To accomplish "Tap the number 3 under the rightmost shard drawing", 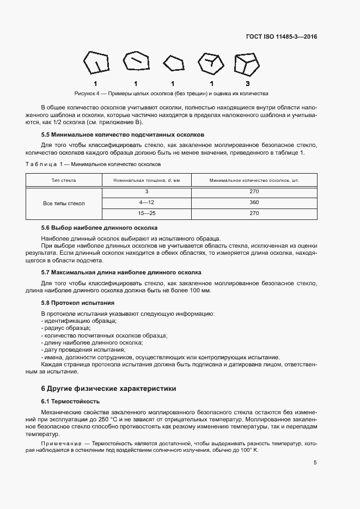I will click(247, 83).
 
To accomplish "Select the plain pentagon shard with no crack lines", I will click(173, 64).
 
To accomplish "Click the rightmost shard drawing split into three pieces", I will click(247, 64).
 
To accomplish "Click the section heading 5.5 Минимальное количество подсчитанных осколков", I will click(123, 134).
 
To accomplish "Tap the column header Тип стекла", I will click(64, 180).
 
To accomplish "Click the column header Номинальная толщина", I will click(146, 180).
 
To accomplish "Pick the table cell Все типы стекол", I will click(64, 203).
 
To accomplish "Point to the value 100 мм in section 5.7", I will click(201, 290).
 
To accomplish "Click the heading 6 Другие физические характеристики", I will click(109, 389).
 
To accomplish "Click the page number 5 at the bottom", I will click(315, 463).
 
